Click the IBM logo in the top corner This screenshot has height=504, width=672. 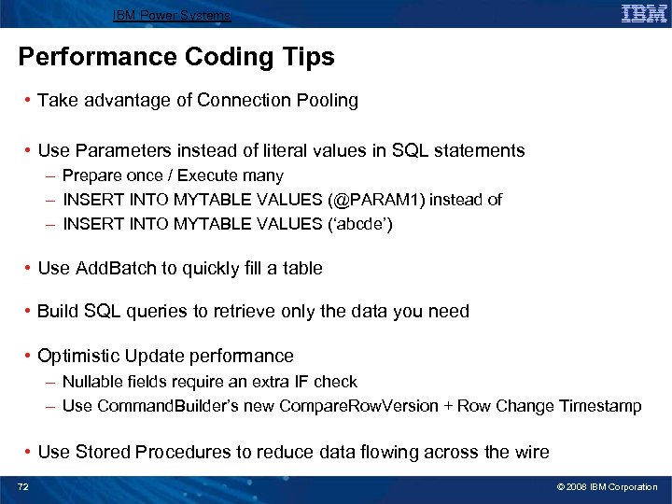click(644, 13)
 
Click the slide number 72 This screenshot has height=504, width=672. click(24, 487)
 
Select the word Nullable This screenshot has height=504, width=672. click(91, 382)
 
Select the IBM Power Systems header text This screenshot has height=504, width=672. click(172, 15)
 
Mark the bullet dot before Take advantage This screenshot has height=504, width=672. click(31, 101)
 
